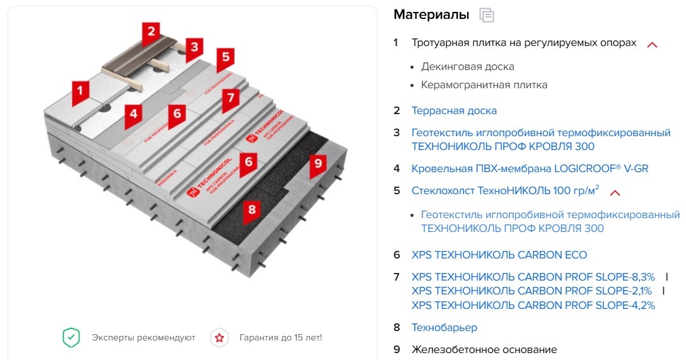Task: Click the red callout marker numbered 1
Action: (80, 92)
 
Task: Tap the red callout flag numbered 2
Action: (151, 32)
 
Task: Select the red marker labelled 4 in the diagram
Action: (134, 115)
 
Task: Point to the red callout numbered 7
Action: (231, 98)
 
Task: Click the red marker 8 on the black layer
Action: (252, 211)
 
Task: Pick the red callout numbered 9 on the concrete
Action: (318, 165)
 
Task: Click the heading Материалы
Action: (431, 15)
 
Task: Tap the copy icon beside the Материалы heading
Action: (487, 15)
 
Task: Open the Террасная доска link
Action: (454, 111)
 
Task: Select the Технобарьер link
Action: (445, 328)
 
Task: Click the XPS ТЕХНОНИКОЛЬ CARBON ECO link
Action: (499, 255)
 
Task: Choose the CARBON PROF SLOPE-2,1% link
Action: (532, 291)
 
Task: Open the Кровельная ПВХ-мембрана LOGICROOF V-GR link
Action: (530, 168)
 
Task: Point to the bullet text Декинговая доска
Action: (468, 67)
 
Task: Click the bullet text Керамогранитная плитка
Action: (484, 85)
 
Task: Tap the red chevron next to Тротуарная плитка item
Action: (653, 45)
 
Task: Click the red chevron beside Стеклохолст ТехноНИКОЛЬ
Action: (615, 192)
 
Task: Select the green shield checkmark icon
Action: (71, 338)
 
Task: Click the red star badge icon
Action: (219, 338)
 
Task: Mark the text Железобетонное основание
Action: (484, 349)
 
